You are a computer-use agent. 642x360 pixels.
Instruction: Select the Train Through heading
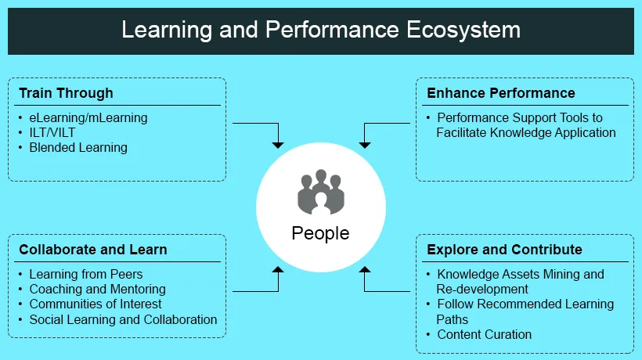[66, 93]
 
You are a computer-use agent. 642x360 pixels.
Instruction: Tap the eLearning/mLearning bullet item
[88, 117]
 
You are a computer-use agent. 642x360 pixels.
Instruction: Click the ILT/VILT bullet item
[52, 132]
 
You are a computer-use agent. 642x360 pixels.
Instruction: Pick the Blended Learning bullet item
[78, 147]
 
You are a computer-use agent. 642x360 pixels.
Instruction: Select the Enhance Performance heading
[500, 93]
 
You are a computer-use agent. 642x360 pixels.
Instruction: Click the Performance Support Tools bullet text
[525, 125]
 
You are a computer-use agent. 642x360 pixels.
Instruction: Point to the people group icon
[321, 191]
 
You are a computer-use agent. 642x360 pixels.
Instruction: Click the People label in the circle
[320, 233]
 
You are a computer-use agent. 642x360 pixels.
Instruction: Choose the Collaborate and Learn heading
[93, 250]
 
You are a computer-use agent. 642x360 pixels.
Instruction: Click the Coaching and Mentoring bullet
[97, 289]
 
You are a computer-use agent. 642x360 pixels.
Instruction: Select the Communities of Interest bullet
[96, 304]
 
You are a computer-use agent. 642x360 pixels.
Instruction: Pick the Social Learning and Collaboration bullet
[123, 319]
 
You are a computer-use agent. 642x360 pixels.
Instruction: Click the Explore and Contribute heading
[504, 250]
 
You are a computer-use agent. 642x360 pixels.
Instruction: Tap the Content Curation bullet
[484, 334]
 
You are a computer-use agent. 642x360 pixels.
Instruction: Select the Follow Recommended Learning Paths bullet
[525, 311]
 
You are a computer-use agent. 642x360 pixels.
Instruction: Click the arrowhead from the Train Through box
[276, 144]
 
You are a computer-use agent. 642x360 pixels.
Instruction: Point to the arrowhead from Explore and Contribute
[365, 270]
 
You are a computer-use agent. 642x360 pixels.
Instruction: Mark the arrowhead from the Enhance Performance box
[365, 144]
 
